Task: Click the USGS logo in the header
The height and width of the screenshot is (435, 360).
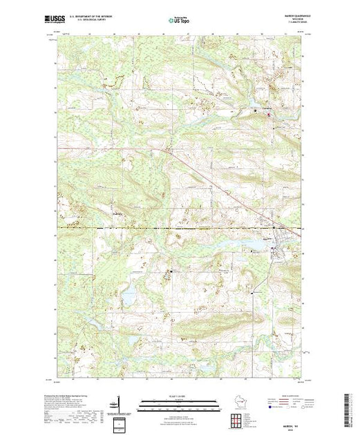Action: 56,21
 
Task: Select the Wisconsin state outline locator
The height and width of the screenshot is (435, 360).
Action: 237,402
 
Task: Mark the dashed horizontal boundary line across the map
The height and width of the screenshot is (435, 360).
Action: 173,227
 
